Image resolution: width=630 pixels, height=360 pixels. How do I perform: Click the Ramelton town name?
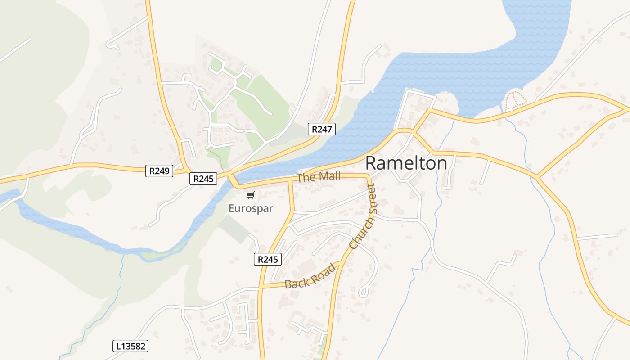point(406,163)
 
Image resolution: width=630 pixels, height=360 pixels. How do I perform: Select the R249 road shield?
point(159,171)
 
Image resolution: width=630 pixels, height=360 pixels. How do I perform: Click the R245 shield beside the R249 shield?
point(203,179)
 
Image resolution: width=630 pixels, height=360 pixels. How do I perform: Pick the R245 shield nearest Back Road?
point(268,259)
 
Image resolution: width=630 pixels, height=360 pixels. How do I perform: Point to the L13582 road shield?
point(130,346)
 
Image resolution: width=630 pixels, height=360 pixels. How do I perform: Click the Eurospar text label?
point(251,209)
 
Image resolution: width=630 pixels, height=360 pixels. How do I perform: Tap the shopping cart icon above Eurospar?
point(251,195)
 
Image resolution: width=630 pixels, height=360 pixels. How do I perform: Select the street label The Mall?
point(319,177)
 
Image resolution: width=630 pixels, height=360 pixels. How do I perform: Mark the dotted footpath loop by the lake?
point(515,99)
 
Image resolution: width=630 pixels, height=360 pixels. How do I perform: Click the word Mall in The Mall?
point(330,176)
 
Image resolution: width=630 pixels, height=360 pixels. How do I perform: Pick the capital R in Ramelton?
point(372,163)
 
